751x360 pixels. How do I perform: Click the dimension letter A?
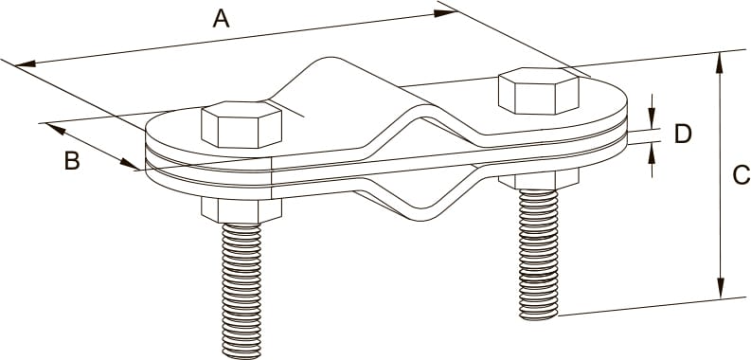[222, 19]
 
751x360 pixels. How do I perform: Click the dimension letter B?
[72, 162]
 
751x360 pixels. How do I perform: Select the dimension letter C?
[742, 175]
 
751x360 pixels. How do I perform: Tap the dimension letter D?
[683, 134]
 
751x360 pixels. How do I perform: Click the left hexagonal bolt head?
[241, 124]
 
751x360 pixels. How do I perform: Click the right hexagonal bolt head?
[539, 91]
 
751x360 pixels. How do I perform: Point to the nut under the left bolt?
[241, 210]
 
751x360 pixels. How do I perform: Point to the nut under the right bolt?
[539, 179]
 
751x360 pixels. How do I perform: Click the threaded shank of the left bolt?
[241, 291]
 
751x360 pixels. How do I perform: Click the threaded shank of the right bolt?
[539, 255]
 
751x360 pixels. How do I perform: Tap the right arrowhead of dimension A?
[445, 13]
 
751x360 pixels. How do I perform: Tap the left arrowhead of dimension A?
[27, 63]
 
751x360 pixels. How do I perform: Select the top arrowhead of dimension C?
[720, 63]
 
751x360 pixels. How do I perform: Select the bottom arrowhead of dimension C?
[720, 288]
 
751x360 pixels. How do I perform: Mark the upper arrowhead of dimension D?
[652, 118]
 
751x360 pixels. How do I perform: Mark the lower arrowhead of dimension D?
[652, 154]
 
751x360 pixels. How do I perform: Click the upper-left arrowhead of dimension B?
[56, 129]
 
